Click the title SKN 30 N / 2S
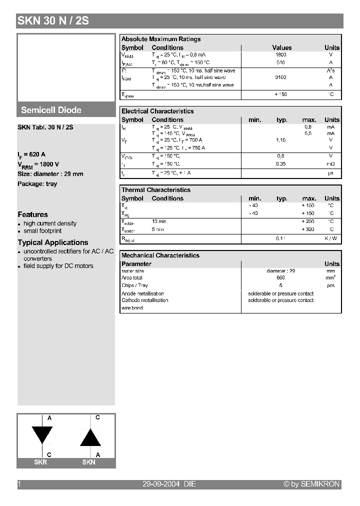click(53, 21)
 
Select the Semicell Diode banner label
click(51, 110)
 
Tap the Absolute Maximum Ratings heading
click(161, 39)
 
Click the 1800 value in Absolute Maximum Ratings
click(280, 54)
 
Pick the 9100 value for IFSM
click(280, 77)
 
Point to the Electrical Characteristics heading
click(157, 111)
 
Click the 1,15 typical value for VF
click(280, 140)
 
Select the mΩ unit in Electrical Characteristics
click(330, 163)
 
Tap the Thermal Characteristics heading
click(156, 190)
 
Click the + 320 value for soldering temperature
click(308, 229)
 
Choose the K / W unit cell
click(330, 238)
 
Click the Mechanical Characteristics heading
click(160, 255)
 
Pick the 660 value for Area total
click(280, 277)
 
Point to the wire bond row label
click(132, 308)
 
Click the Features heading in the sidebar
click(33, 214)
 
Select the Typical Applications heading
click(53, 242)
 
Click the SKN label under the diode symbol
click(88, 462)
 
